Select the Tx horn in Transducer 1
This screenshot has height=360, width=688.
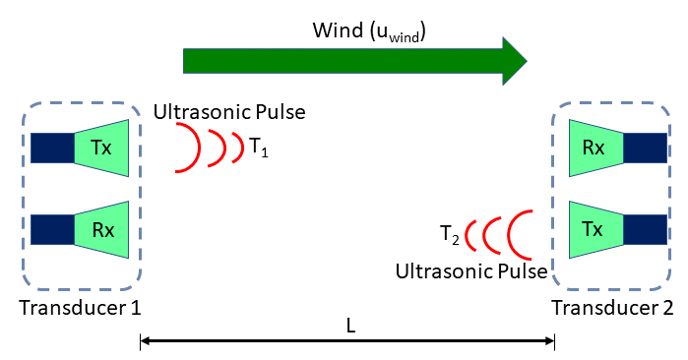pos(102,148)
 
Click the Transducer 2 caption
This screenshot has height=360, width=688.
pos(612,308)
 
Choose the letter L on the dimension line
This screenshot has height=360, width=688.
pos(348,324)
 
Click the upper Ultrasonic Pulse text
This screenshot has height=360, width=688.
pos(229,111)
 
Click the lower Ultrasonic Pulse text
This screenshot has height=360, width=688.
pos(471,269)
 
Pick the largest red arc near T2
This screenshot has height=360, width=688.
pos(522,234)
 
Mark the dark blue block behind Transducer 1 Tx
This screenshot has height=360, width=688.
pos(52,148)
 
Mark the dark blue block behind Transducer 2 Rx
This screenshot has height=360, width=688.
pos(645,148)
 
